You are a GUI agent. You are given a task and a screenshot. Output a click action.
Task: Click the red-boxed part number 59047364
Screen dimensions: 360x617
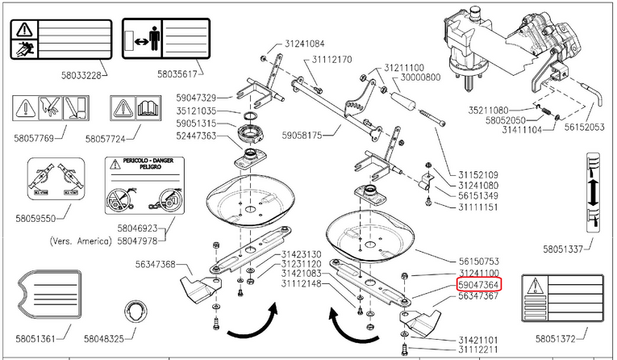[478, 285]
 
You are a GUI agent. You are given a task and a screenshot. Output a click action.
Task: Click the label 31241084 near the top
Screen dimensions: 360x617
[304, 44]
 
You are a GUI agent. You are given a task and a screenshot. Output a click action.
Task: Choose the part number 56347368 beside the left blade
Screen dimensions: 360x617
[156, 264]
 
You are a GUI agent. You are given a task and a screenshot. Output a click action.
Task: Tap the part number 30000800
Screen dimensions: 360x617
[419, 78]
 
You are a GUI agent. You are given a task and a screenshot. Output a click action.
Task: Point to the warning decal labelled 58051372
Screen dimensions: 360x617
[561, 298]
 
